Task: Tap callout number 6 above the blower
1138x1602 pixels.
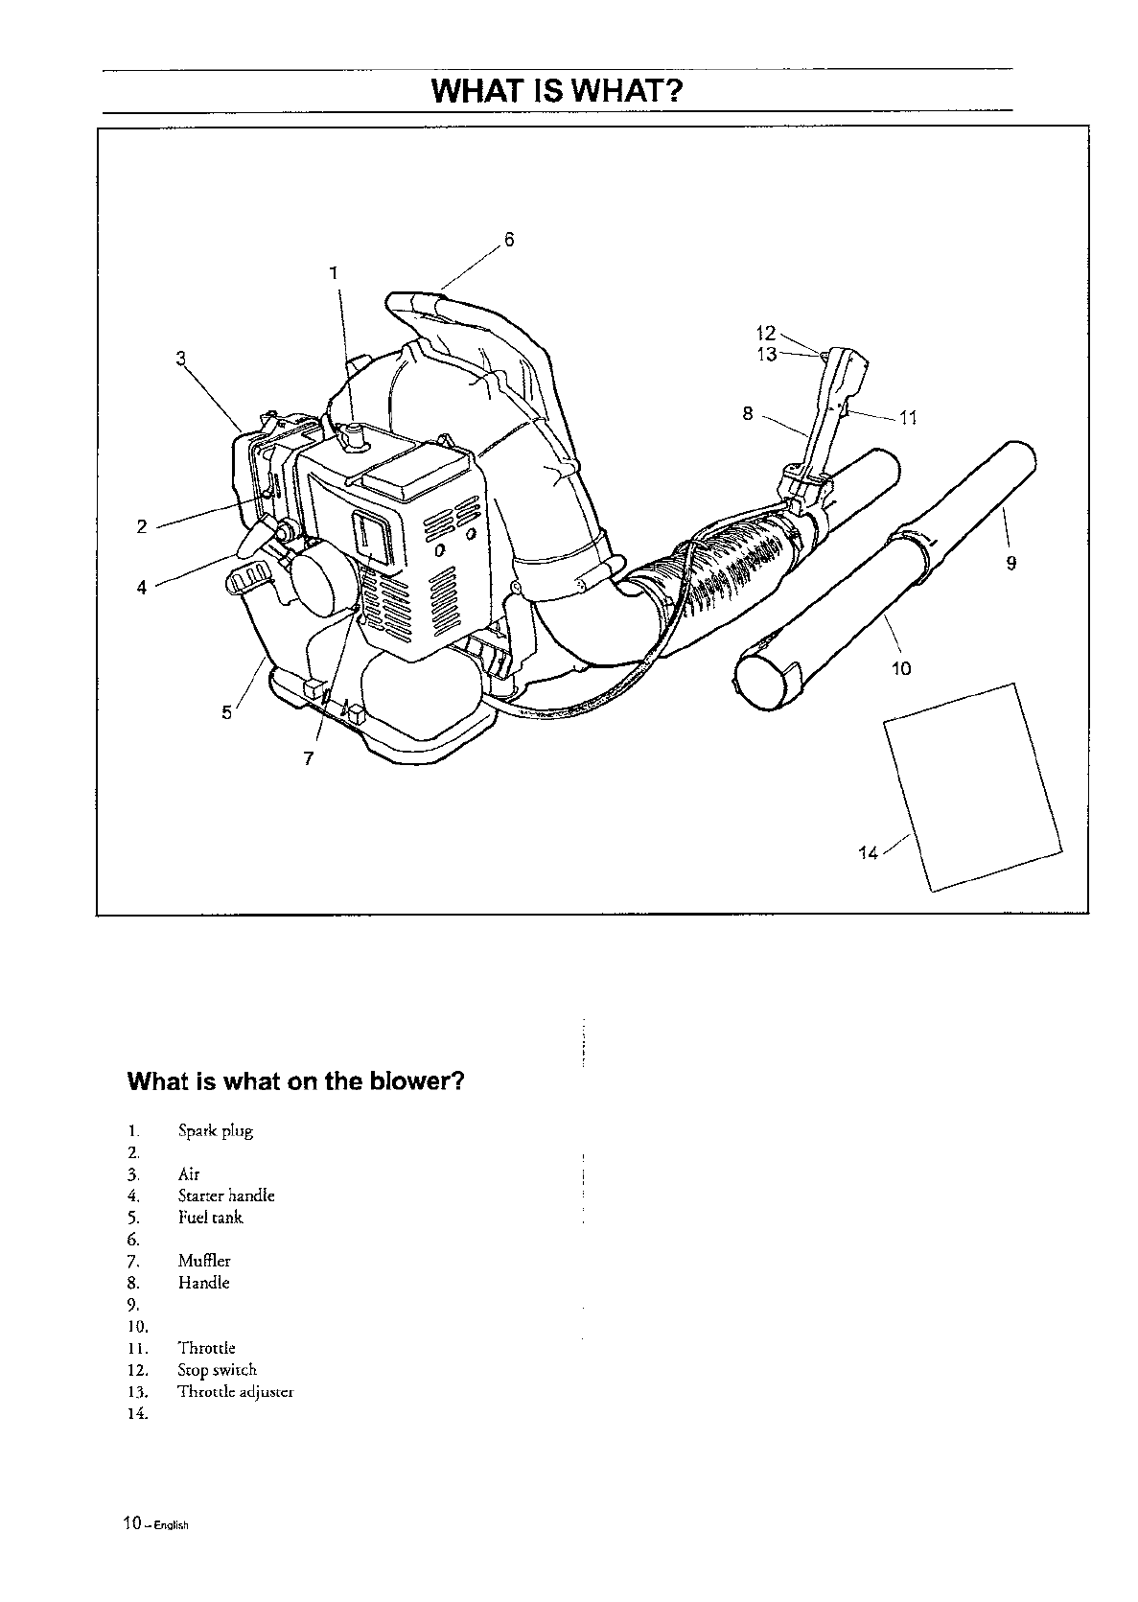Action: [x=509, y=240]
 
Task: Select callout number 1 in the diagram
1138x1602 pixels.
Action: [x=334, y=273]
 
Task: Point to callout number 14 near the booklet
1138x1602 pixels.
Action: [x=868, y=852]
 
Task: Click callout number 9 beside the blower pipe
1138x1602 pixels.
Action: [x=1010, y=564]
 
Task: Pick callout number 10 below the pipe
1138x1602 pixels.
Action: [x=901, y=667]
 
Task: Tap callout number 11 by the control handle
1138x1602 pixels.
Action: [x=909, y=417]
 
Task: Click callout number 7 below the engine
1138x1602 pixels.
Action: [x=309, y=757]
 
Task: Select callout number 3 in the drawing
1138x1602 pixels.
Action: [x=180, y=360]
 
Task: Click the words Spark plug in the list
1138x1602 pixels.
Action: [x=216, y=1131]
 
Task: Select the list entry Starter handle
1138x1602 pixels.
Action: [x=226, y=1196]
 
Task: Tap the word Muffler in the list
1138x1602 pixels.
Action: [x=204, y=1261]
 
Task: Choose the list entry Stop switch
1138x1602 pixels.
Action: [x=218, y=1370]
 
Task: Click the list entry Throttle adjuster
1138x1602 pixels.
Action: [x=236, y=1392]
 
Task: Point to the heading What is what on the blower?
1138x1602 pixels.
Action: [x=296, y=1082]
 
